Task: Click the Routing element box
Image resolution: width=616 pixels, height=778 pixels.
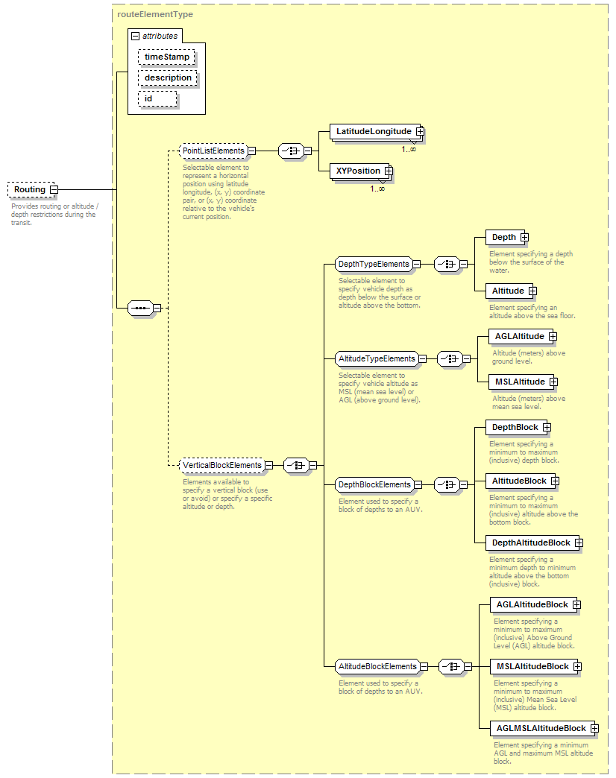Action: (31, 189)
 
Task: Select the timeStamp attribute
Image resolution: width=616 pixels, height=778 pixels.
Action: (166, 57)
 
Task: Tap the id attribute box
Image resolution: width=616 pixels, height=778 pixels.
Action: (157, 98)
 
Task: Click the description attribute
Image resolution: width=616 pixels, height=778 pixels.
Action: (168, 78)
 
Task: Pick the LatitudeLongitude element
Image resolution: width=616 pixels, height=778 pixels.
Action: (375, 131)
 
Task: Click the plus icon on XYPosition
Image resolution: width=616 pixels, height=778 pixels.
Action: (389, 171)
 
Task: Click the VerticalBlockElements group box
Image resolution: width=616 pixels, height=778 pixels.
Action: (221, 466)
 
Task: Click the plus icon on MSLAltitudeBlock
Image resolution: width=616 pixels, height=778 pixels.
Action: (577, 667)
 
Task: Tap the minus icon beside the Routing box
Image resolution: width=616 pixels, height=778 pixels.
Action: (54, 189)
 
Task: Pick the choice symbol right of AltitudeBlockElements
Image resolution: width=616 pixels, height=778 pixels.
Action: (451, 667)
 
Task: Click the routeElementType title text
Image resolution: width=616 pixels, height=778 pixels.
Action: (155, 14)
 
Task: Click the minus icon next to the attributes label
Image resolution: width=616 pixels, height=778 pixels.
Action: (136, 37)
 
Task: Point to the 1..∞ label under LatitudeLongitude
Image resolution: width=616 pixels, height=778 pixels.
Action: (409, 149)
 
